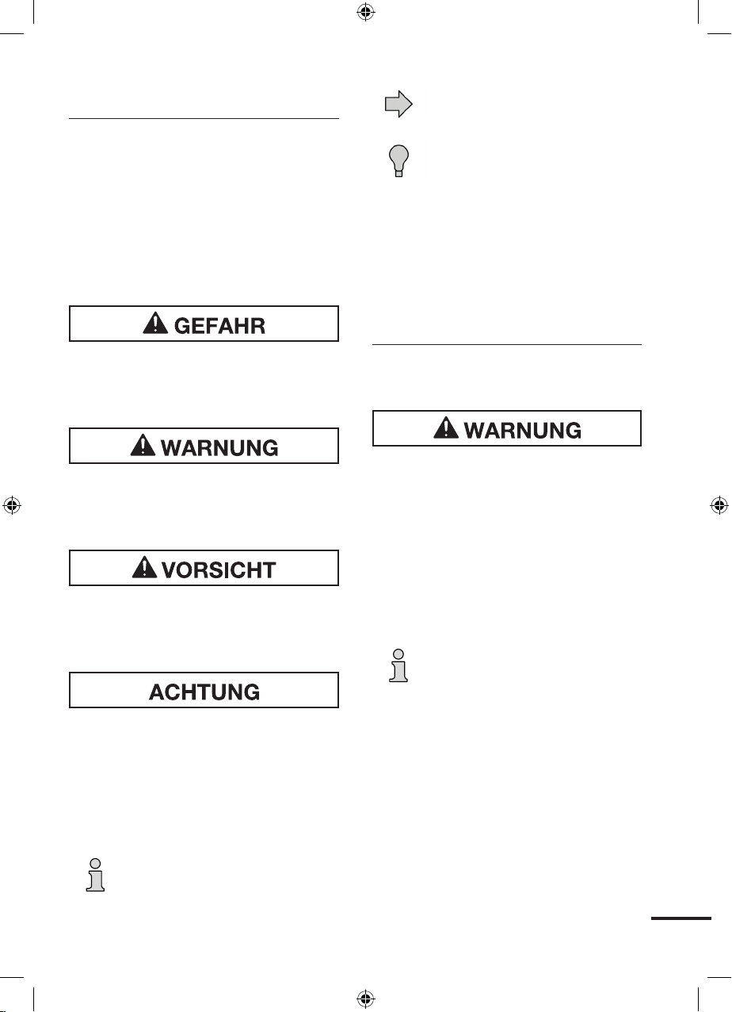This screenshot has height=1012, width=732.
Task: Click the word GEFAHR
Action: coord(219,326)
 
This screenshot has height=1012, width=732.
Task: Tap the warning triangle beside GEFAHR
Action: coord(155,323)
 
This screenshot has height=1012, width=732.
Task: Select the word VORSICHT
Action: coord(219,570)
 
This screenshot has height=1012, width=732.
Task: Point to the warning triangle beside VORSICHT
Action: coord(144,567)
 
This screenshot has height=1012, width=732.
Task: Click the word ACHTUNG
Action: coord(204,692)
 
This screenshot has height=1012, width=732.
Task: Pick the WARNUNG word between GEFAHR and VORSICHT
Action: coord(219,448)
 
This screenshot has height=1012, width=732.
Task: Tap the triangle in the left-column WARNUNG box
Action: coord(143,445)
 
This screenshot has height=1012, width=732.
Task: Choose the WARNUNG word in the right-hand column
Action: coord(523,431)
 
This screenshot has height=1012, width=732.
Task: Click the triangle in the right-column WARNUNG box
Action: coord(446,427)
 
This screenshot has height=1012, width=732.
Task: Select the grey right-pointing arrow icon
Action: coord(398,104)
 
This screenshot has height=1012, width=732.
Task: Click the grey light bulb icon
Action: coord(398,161)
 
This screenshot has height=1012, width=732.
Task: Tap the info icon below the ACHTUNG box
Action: coord(95,875)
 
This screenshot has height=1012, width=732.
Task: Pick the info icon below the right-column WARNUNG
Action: coord(398,665)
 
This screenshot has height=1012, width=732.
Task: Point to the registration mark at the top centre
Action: coord(365,12)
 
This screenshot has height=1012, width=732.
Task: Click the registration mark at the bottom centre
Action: coord(365,999)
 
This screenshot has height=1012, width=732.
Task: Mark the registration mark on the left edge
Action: coord(12,505)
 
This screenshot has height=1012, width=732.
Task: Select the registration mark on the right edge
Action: coord(719,505)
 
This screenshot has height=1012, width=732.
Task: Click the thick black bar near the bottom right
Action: coord(681,918)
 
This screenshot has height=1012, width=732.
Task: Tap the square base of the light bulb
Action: coord(398,174)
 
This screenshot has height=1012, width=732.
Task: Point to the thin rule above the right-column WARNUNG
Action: coord(506,345)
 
